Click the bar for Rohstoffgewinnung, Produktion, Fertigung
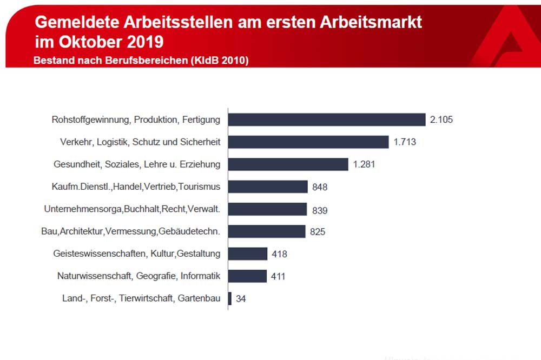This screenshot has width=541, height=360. [x=326, y=119]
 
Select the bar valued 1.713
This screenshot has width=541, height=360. [x=308, y=142]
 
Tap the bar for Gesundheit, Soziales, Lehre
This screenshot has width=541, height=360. [x=287, y=164]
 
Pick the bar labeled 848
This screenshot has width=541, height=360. [x=267, y=187]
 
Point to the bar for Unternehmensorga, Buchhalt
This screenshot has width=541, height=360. [x=267, y=209]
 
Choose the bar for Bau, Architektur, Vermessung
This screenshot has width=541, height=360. [x=266, y=232]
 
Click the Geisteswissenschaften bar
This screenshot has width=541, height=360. [x=247, y=254]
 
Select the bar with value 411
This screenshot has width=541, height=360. [x=247, y=276]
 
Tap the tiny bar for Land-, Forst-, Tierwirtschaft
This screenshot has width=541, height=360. [x=229, y=298]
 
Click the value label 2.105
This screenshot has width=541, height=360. [x=441, y=119]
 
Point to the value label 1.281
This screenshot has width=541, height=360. [x=364, y=164]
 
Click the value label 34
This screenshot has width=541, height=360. [x=241, y=298]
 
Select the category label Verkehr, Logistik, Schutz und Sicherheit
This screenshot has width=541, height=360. [x=140, y=142]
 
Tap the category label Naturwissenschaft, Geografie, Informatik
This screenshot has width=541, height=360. [x=138, y=276]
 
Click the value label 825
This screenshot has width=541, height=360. [x=318, y=232]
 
